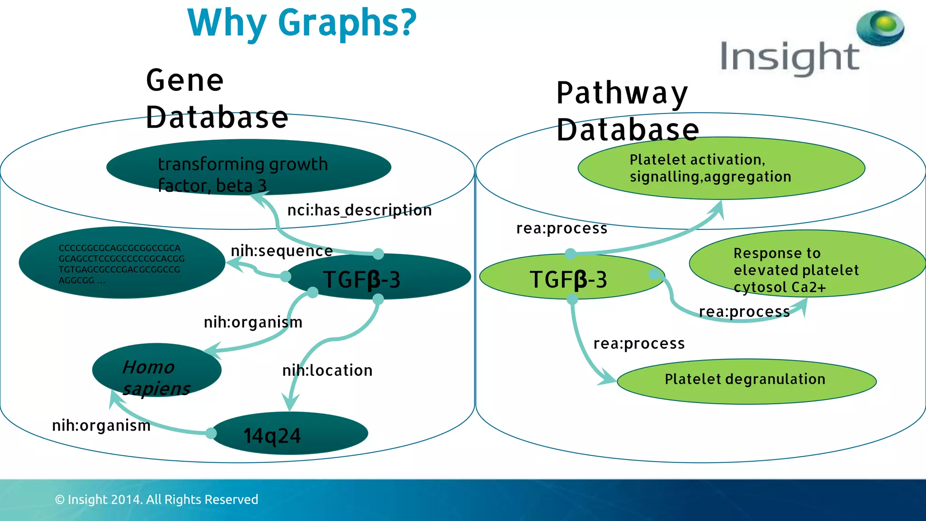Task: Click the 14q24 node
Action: (x=289, y=434)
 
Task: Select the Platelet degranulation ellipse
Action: (x=746, y=380)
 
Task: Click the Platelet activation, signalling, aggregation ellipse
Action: (x=721, y=168)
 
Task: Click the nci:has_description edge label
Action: (x=359, y=210)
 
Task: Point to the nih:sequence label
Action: (x=282, y=251)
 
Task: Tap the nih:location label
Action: (x=327, y=370)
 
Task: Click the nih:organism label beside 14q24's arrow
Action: (x=101, y=426)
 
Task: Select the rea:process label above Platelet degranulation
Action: (x=639, y=344)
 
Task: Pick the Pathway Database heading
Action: (x=627, y=111)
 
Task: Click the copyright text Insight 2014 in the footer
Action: (x=156, y=499)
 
